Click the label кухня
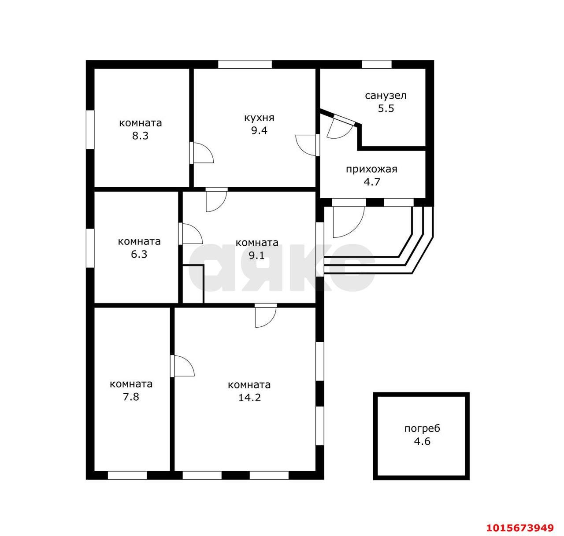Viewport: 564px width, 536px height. click(x=259, y=118)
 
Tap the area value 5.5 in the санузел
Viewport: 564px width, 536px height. click(x=386, y=108)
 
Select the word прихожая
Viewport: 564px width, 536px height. click(x=371, y=169)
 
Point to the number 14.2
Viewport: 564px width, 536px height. click(x=249, y=398)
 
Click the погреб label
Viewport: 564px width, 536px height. click(x=422, y=429)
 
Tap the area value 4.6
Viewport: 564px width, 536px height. click(x=422, y=441)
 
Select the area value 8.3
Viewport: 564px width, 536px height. click(x=140, y=136)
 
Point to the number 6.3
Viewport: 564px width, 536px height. click(x=139, y=254)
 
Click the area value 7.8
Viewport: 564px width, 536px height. click(x=131, y=397)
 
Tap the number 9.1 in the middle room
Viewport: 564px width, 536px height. click(x=256, y=255)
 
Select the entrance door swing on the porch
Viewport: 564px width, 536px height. click(x=348, y=222)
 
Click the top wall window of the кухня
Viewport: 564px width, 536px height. click(x=245, y=64)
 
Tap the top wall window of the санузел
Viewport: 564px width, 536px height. click(x=377, y=64)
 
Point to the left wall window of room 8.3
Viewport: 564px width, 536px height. click(x=90, y=129)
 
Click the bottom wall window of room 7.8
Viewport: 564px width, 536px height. click(x=127, y=475)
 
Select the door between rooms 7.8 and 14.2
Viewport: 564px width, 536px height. click(x=182, y=366)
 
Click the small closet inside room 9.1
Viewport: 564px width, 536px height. click(x=193, y=284)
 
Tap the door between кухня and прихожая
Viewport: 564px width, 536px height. click(x=307, y=145)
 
